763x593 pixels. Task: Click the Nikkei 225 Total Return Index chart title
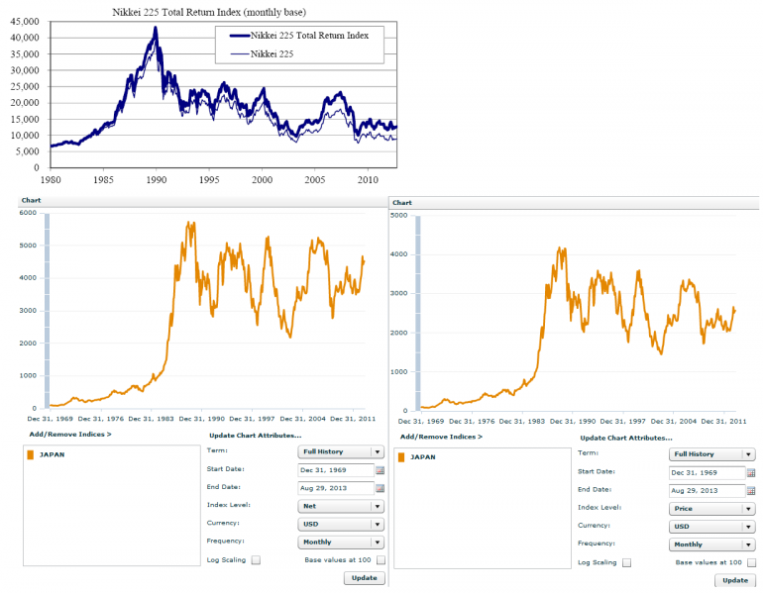click(209, 12)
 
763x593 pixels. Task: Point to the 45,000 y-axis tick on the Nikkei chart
click(25, 22)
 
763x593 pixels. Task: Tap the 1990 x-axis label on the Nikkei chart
click(157, 180)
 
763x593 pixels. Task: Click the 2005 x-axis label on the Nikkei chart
click(315, 180)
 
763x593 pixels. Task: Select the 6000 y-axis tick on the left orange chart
click(28, 213)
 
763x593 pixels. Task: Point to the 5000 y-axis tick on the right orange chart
click(399, 216)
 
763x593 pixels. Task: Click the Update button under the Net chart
click(365, 578)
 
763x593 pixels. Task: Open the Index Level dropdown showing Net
click(341, 506)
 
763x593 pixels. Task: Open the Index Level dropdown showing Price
click(711, 509)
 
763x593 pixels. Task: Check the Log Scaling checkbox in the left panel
click(256, 560)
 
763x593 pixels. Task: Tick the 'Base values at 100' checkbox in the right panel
click(752, 562)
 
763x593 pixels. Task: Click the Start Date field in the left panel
click(335, 470)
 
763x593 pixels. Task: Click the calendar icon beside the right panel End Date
click(751, 491)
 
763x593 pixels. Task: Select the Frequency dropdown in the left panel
click(341, 542)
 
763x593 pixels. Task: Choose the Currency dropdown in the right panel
click(711, 527)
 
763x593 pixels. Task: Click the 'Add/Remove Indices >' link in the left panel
click(70, 434)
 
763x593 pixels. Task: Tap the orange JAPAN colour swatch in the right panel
click(401, 457)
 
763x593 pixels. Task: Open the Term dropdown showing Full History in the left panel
click(341, 452)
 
